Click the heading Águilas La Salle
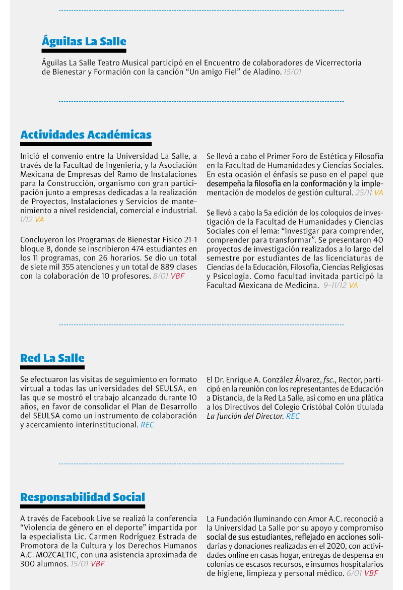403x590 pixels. coord(84,41)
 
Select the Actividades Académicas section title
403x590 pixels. coord(86,135)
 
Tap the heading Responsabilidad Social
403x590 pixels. coord(83,497)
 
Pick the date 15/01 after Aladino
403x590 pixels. coord(293,72)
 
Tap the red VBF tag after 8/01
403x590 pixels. coord(177,276)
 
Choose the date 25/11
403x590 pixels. coord(363,192)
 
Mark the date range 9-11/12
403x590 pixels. coord(335,285)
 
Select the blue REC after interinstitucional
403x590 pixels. coord(147,425)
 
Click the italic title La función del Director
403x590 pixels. coord(245,416)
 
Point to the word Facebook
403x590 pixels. coord(77,518)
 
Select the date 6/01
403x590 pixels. coord(354,573)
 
